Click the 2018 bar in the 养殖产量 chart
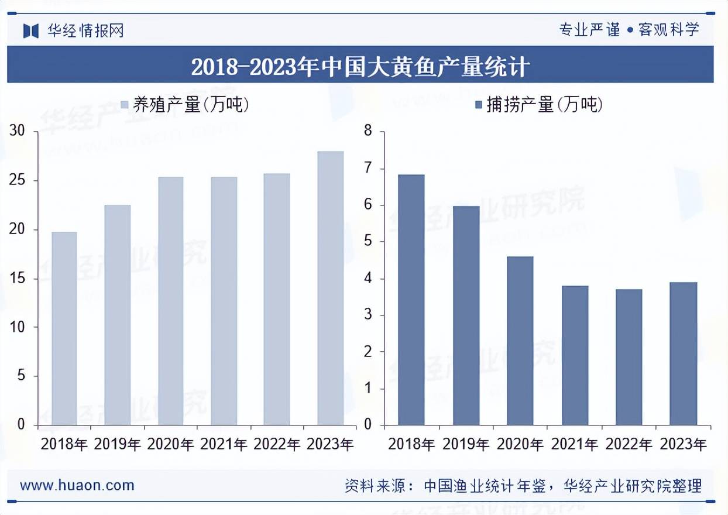tap(64, 328)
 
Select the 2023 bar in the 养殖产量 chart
tap(331, 288)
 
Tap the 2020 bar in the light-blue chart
tap(170, 301)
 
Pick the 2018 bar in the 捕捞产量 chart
tap(411, 300)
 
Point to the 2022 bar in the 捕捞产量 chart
tap(629, 357)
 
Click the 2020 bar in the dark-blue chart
tap(520, 341)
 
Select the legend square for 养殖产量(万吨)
tap(124, 105)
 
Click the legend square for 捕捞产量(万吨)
tap(478, 105)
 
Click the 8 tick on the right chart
tap(368, 131)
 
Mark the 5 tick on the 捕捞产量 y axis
tap(368, 242)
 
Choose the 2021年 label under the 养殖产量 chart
tap(224, 444)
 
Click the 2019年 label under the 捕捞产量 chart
tap(466, 444)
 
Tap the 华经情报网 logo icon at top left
tap(31, 30)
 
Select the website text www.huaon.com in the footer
tap(77, 485)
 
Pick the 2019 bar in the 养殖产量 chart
tap(117, 315)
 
